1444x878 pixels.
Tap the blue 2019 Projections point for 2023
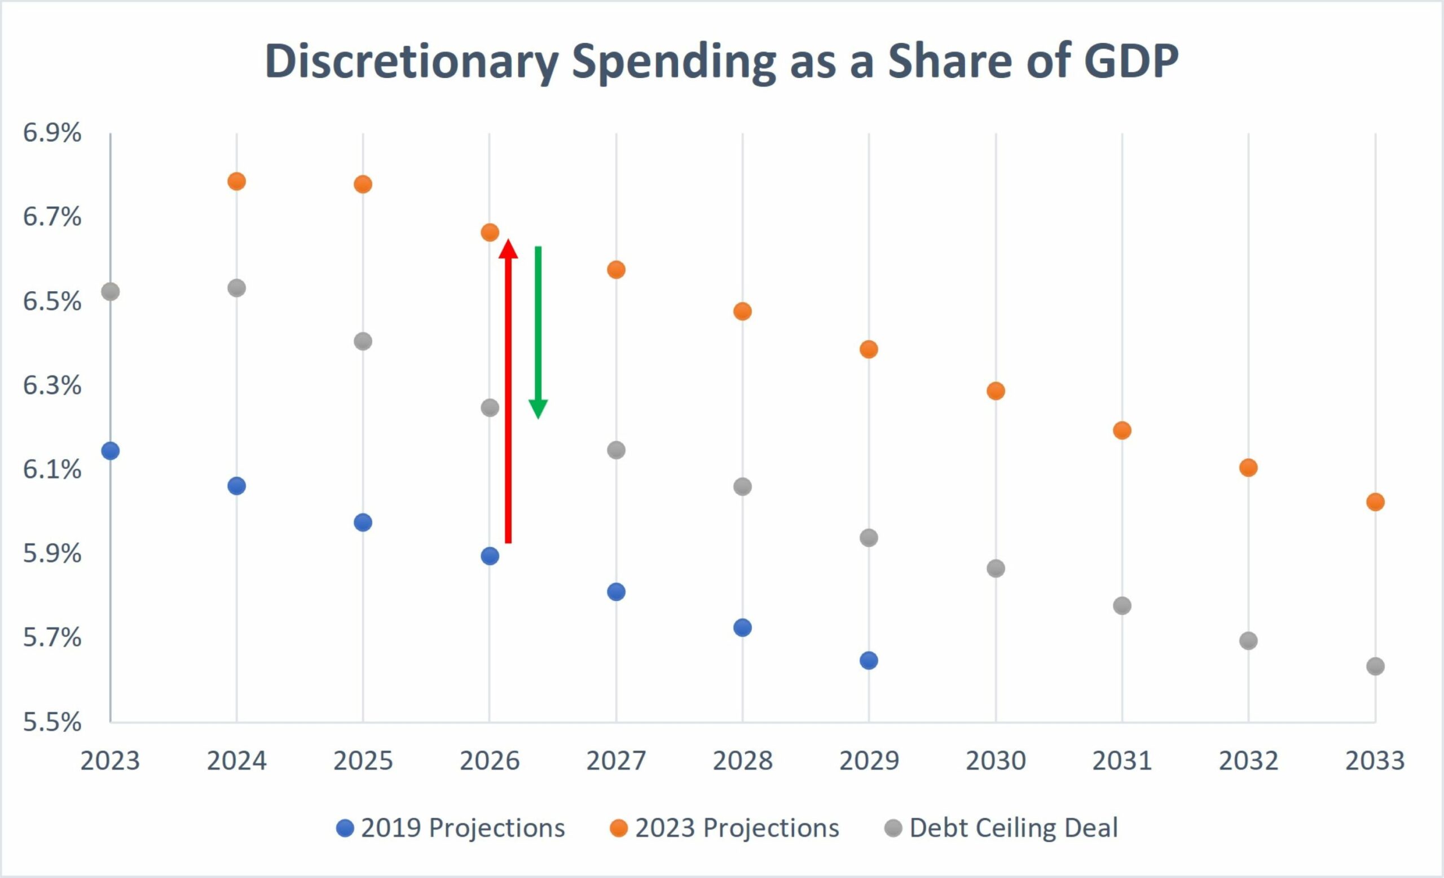(x=110, y=451)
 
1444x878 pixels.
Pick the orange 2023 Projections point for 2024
(x=236, y=181)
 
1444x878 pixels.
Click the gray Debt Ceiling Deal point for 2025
(x=363, y=341)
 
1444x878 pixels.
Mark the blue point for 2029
(x=869, y=661)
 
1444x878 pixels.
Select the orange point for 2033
(x=1375, y=502)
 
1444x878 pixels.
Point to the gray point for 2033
(x=1375, y=666)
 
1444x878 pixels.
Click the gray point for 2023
(x=110, y=291)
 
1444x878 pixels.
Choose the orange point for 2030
(x=996, y=391)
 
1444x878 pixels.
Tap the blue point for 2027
(x=616, y=592)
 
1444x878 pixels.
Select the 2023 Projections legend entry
(x=724, y=828)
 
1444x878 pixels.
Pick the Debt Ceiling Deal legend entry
(x=1001, y=828)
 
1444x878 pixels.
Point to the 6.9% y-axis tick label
(x=51, y=133)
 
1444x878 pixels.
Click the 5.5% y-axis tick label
(x=51, y=722)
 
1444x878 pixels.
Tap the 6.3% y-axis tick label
(x=51, y=385)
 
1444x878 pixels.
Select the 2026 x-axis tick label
(x=490, y=761)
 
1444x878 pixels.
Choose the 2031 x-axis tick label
(x=1122, y=761)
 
